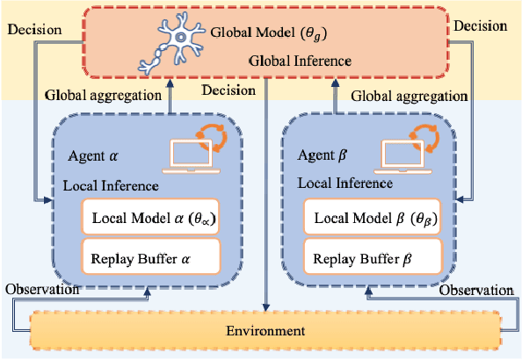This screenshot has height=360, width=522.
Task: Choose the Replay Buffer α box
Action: (x=149, y=259)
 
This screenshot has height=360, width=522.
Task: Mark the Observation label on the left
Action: (x=38, y=290)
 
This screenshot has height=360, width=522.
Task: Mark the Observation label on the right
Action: (x=475, y=290)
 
